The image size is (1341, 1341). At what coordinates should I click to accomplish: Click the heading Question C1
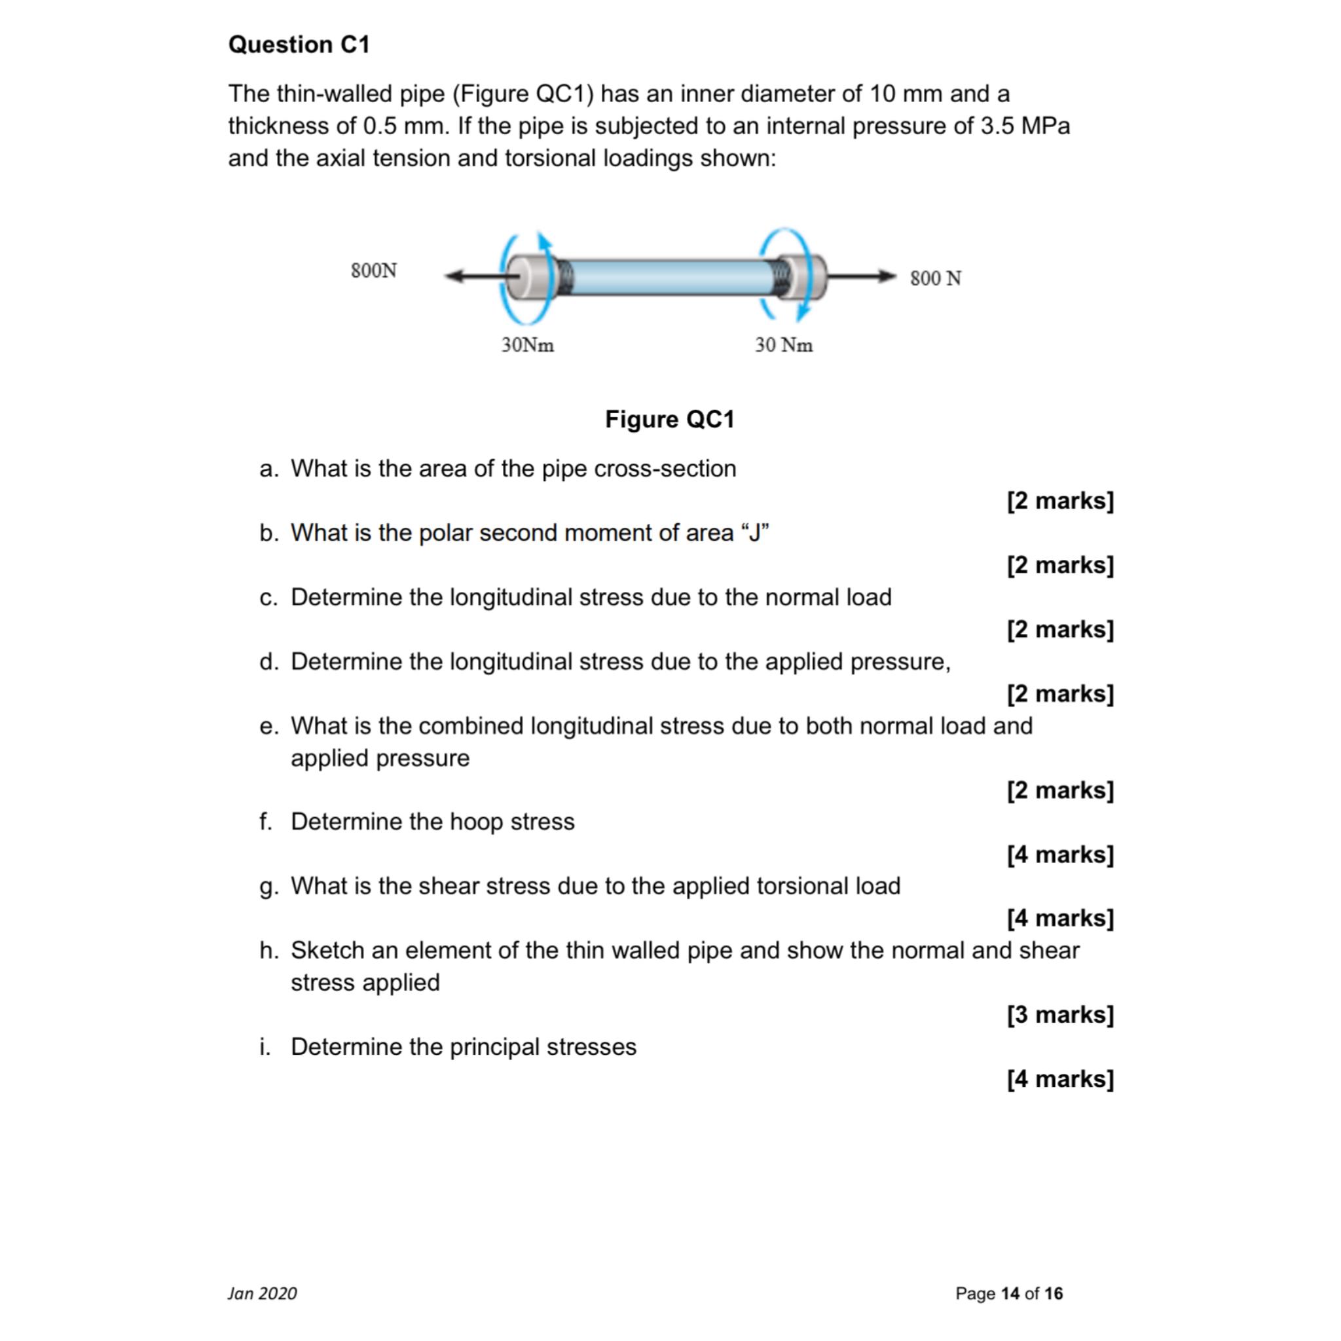(x=299, y=45)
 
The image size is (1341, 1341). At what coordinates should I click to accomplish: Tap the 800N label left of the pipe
(x=373, y=270)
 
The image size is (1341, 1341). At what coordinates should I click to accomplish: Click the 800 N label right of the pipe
(x=936, y=278)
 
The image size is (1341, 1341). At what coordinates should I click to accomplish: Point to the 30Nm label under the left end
(x=528, y=345)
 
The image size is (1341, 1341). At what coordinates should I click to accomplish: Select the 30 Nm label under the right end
(x=784, y=345)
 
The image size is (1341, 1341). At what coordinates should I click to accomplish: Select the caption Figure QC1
(x=670, y=419)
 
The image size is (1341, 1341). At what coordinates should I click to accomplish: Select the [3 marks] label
(x=1060, y=1015)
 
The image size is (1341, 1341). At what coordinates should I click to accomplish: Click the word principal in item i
(x=494, y=1047)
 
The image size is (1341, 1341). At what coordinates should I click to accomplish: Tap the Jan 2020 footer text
(x=263, y=1294)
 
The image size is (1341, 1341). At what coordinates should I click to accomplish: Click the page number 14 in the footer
(x=1010, y=1294)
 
